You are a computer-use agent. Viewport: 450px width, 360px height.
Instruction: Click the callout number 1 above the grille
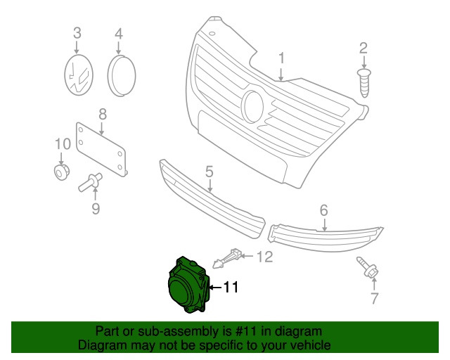tap(282, 58)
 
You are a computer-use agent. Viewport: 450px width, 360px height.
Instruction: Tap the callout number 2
tap(364, 49)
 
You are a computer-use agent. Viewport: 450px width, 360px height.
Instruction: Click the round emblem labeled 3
tap(79, 75)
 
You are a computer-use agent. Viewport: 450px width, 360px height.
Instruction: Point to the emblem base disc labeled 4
tap(122, 75)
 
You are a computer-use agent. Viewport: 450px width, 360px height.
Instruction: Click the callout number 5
tap(210, 172)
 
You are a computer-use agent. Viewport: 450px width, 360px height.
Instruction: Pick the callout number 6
tap(324, 210)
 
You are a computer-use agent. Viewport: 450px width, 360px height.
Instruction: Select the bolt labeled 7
tap(368, 268)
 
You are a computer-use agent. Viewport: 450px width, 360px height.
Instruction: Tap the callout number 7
tap(375, 298)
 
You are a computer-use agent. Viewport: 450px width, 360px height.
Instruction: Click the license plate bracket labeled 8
tap(101, 149)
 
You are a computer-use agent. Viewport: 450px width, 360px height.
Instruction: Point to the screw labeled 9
tap(90, 182)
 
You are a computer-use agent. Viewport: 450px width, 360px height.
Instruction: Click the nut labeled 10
tap(62, 172)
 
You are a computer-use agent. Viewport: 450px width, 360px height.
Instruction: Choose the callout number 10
tap(63, 144)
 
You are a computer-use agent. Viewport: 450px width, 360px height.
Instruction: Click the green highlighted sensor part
tap(188, 285)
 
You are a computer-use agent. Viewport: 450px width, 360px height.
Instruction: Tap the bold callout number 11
tap(231, 287)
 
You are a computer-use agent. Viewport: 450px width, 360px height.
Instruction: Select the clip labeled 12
tap(226, 257)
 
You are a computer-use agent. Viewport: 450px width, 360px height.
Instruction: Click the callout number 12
tap(264, 257)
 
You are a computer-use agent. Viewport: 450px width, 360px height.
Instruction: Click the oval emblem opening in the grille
tap(252, 106)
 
